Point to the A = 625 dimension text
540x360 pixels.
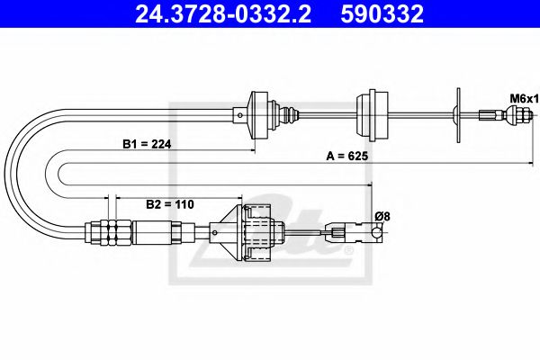point(347,155)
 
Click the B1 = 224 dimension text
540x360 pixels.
point(146,143)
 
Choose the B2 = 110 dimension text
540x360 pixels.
point(170,203)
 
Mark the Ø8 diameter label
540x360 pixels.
point(382,216)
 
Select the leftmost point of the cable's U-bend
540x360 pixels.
point(6,171)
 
